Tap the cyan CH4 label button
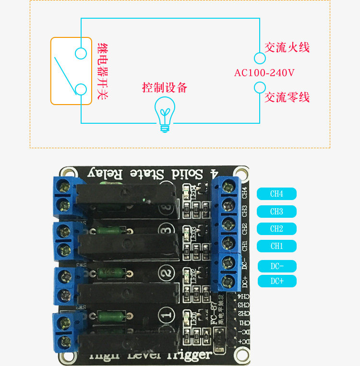coord(276,194)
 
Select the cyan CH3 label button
coord(276,212)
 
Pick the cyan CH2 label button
coord(276,229)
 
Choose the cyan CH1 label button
coord(276,246)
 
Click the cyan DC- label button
coord(277,266)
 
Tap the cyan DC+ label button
coord(277,281)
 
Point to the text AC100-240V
coord(264,73)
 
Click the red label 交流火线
coord(287,47)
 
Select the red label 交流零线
coord(287,97)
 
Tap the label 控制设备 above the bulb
coord(165,88)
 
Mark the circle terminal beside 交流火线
coord(260,59)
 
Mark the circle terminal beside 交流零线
coord(260,87)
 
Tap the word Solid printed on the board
coord(183,174)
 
